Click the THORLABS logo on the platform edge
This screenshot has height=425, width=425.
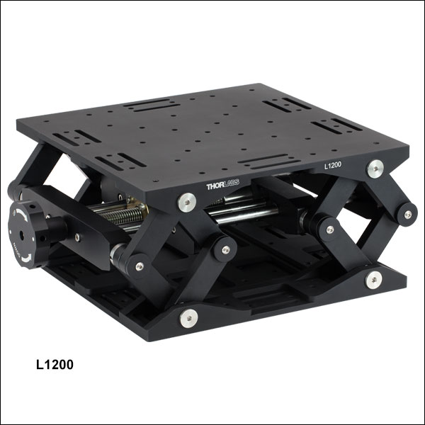click(x=223, y=185)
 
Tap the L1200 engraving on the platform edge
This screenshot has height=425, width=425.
click(x=333, y=165)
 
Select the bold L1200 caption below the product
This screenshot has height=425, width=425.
click(x=55, y=365)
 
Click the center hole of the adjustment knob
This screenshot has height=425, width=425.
click(x=22, y=236)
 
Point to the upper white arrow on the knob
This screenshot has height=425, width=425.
click(x=22, y=215)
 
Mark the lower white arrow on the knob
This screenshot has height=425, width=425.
click(x=27, y=259)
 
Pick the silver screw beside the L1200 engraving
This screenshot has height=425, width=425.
click(x=375, y=169)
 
